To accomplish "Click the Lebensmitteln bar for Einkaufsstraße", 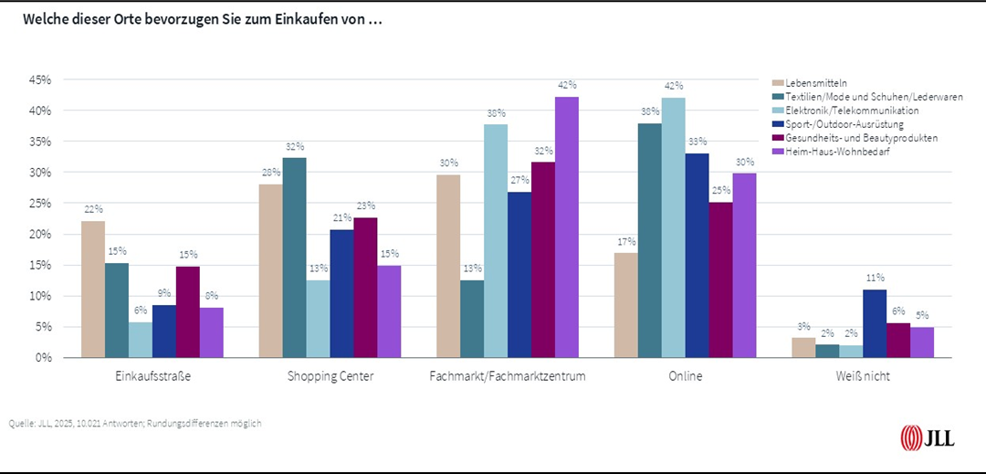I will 93,290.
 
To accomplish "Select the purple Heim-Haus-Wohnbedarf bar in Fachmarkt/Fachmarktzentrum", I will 567,227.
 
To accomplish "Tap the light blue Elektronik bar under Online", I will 674,227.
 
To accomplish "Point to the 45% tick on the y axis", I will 39,80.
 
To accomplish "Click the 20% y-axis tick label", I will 39,235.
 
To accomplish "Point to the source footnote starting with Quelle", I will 135,424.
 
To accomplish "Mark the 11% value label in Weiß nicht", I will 874,278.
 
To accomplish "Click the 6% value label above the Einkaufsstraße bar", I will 141,310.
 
